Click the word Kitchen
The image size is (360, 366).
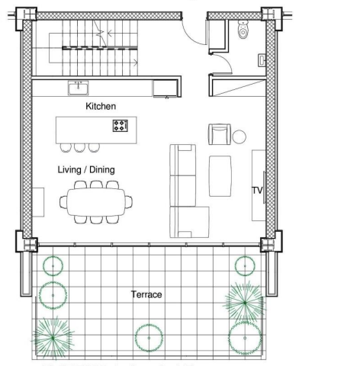click(101, 106)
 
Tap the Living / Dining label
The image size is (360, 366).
click(86, 169)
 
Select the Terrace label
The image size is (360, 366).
click(146, 294)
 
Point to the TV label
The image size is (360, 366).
click(257, 190)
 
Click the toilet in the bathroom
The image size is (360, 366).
click(243, 30)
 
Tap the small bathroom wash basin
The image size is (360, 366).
click(262, 60)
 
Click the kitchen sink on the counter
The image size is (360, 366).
click(79, 88)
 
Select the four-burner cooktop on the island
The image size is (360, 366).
click(121, 126)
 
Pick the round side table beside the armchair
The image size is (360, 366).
click(239, 136)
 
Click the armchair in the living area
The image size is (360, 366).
click(220, 134)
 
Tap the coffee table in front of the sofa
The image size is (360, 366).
click(220, 176)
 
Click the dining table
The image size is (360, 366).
click(96, 202)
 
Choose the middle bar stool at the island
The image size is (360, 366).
click(79, 148)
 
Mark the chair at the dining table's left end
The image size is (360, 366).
click(63, 202)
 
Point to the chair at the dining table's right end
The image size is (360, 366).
click(129, 202)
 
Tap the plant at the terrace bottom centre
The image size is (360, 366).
click(149, 338)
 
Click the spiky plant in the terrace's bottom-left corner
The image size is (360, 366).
click(53, 338)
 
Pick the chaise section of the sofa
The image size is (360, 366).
click(189, 222)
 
